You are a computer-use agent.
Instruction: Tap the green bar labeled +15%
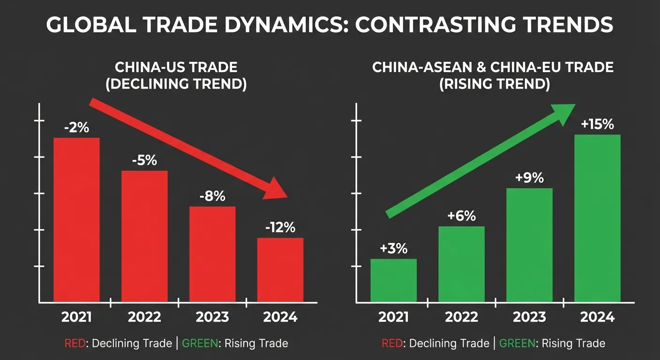coord(597,218)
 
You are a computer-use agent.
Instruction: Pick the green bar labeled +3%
coord(393,280)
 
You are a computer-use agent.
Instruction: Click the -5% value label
coord(144,160)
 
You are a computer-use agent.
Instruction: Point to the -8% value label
coord(212,196)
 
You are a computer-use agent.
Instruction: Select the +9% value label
coord(529,178)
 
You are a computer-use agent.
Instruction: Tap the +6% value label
coord(461,216)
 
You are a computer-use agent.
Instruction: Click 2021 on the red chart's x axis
coord(76,317)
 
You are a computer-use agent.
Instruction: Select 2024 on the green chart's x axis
coord(597,317)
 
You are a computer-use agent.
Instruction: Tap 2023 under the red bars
coord(212,317)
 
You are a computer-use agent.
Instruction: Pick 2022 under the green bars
coord(461,317)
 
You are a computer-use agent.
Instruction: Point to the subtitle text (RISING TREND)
coord(493,85)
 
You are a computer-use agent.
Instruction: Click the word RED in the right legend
coord(392,344)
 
